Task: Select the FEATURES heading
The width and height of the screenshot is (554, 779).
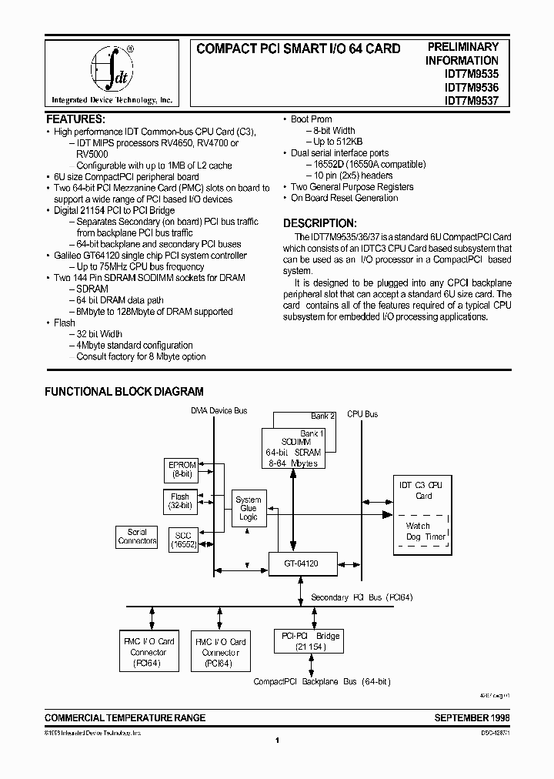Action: point(75,119)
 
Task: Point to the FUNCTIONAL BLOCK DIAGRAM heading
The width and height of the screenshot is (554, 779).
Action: point(124,392)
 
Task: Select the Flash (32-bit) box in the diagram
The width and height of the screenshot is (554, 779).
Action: point(180,502)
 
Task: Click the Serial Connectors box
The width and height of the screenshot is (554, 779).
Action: point(137,537)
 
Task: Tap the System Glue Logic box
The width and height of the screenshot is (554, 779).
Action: point(248,509)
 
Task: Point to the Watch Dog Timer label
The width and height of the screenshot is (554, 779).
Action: point(424,531)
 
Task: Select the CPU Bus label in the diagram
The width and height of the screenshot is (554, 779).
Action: point(362,414)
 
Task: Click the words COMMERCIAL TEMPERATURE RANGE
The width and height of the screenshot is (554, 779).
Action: point(125,717)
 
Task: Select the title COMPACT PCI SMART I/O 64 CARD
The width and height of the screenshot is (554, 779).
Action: point(299,48)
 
